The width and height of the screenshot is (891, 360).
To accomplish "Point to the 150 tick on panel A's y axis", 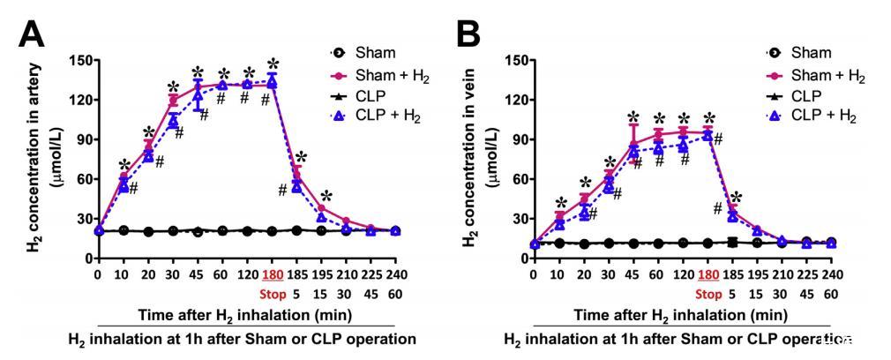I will click(x=84, y=61).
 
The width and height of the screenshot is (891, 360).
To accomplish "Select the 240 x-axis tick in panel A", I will click(x=396, y=274).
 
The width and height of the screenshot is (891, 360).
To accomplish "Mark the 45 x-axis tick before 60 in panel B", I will click(x=633, y=274).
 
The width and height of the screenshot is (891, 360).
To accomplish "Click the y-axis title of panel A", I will click(x=37, y=159).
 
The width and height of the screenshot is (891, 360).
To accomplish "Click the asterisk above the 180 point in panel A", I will click(x=273, y=64).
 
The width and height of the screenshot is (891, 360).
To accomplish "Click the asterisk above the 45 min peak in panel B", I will click(x=633, y=117).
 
